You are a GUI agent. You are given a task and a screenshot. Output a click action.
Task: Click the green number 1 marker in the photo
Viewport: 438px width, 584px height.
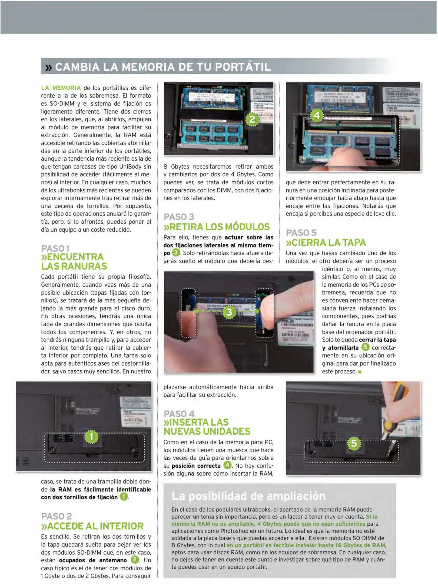pyautogui.click(x=91, y=437)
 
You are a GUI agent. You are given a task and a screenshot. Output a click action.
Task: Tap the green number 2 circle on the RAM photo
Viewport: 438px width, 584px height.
pyautogui.click(x=252, y=119)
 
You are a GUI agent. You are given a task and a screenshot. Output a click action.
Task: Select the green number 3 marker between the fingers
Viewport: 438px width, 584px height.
pyautogui.click(x=229, y=312)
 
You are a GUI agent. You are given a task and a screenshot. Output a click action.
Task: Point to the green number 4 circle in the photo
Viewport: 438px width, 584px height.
pyautogui.click(x=317, y=115)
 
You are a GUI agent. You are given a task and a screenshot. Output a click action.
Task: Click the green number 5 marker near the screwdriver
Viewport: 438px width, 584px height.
pyautogui.click(x=354, y=443)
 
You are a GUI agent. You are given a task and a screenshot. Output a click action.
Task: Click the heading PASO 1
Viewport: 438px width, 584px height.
pyautogui.click(x=55, y=248)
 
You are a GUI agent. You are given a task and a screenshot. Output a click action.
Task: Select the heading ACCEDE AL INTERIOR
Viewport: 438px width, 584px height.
pyautogui.click(x=92, y=526)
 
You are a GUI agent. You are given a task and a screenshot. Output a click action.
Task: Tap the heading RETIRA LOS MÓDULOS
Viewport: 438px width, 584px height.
pyautogui.click(x=216, y=227)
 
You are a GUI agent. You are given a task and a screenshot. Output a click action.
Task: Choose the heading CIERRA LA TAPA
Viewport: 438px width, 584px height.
pyautogui.click(x=326, y=243)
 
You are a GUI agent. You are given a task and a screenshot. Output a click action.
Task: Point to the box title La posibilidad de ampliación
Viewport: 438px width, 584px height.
pyautogui.click(x=248, y=496)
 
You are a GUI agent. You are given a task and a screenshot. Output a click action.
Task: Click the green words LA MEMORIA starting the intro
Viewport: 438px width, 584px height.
pyautogui.click(x=61, y=88)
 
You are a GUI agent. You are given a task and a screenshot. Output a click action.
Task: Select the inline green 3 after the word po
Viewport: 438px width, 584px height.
pyautogui.click(x=176, y=253)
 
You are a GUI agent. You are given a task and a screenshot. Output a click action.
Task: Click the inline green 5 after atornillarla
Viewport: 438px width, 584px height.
pyautogui.click(x=365, y=347)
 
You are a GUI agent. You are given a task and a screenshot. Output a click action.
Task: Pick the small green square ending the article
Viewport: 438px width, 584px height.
pyautogui.click(x=360, y=372)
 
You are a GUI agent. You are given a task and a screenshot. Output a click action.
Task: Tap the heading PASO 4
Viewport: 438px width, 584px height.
pyautogui.click(x=179, y=414)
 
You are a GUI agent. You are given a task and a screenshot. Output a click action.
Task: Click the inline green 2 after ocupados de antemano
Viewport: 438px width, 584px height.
pyautogui.click(x=135, y=559)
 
